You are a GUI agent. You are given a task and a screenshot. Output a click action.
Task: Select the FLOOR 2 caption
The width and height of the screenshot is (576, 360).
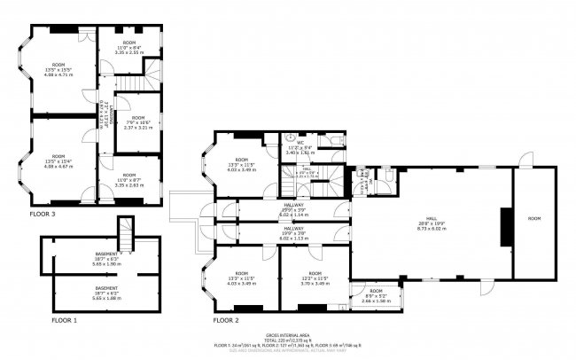(226, 318)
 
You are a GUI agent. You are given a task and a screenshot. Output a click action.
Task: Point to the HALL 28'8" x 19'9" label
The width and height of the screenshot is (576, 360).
(431, 223)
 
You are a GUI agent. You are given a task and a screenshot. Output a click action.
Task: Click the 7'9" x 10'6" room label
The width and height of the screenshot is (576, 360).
(138, 122)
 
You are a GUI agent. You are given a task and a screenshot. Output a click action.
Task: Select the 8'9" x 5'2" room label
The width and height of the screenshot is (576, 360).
(376, 295)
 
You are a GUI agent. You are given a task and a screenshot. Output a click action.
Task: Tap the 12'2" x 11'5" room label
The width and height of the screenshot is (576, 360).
(315, 278)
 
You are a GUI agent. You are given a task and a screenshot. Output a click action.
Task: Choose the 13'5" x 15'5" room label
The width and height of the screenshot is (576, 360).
(58, 69)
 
